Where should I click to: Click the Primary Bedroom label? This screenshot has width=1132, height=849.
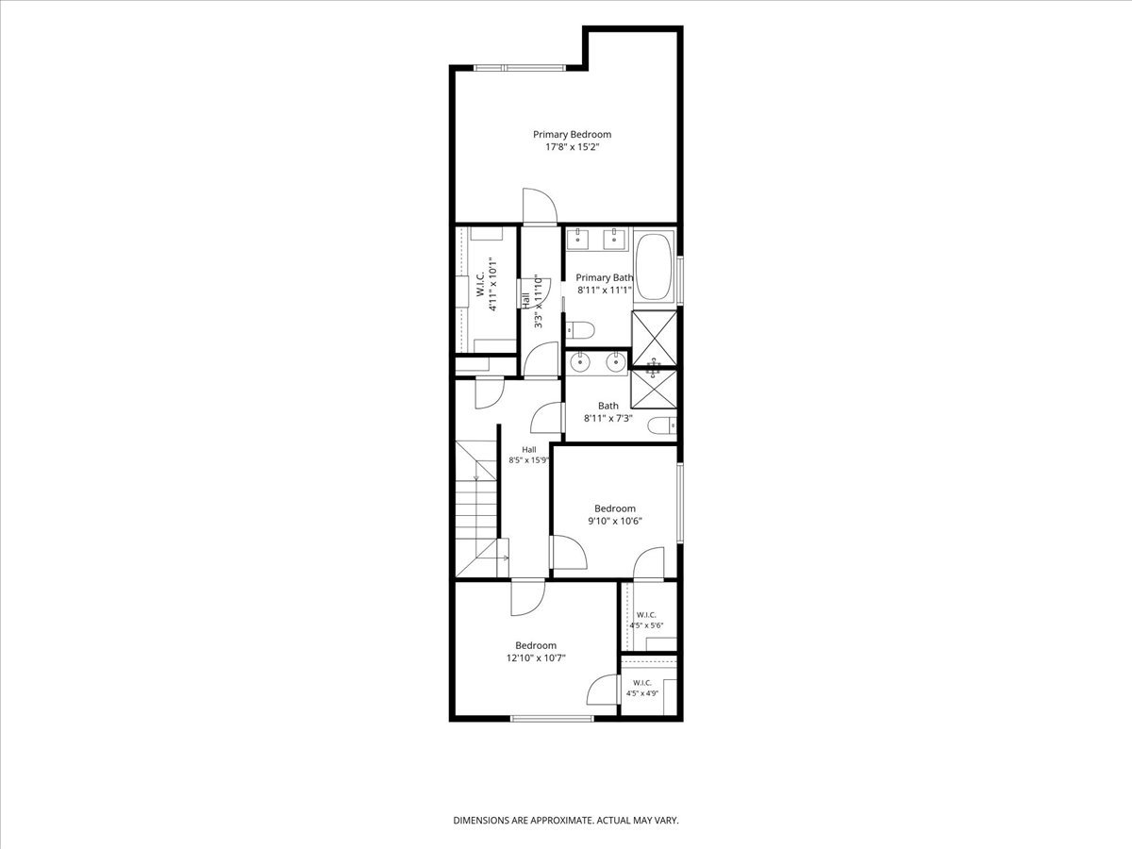[x=572, y=135]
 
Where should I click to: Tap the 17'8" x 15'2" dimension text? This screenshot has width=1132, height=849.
[x=572, y=147]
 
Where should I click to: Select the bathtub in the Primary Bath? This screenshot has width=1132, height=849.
[x=654, y=267]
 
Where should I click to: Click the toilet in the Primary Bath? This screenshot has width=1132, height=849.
[x=580, y=329]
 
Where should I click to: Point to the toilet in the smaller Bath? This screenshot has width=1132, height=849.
[x=661, y=425]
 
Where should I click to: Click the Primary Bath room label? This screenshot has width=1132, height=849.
[x=605, y=277]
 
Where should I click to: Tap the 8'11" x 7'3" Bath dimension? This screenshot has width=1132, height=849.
[x=608, y=418]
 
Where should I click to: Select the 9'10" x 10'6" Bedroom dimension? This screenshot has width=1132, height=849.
[x=615, y=521]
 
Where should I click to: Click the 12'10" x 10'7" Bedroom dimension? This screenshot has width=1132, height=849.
[x=536, y=658]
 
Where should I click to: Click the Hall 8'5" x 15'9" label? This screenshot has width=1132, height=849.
[x=528, y=455]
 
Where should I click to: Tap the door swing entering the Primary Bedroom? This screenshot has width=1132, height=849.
[x=540, y=206]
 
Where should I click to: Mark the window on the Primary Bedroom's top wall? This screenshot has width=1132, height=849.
[x=520, y=68]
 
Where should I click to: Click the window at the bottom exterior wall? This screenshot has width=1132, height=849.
[x=553, y=718]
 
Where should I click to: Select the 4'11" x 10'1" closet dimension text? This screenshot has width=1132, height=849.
[x=493, y=284]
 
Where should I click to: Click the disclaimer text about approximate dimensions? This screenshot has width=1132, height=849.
[x=566, y=820]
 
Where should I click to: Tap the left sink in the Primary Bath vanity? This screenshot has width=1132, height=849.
[x=578, y=240]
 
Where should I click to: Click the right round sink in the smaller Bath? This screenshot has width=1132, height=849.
[x=616, y=362]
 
